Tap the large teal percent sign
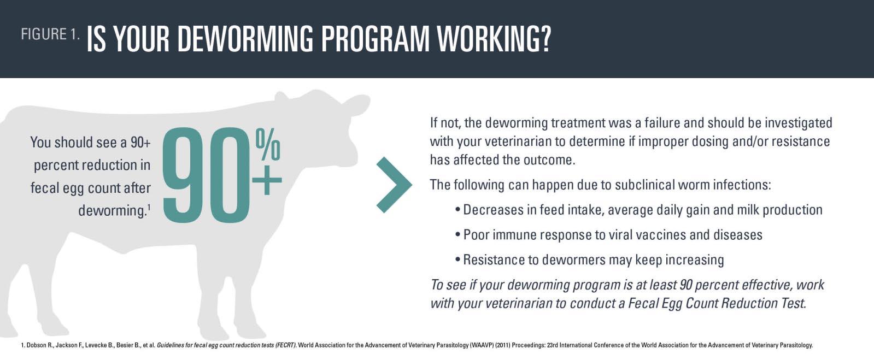(x=268, y=144)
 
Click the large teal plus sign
(x=267, y=180)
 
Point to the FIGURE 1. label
(x=50, y=34)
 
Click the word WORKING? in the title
(x=494, y=39)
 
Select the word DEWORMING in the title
(x=245, y=39)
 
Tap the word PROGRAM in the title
(x=375, y=39)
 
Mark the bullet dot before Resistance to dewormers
(x=457, y=260)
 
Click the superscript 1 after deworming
(x=149, y=207)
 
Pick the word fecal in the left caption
(x=44, y=188)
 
